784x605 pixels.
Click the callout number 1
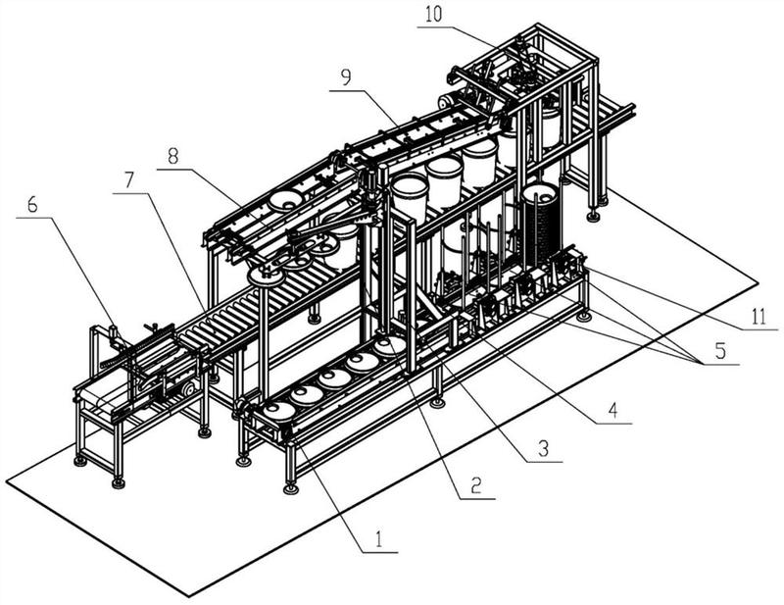379,540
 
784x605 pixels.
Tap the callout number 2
475,484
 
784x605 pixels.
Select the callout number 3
543,447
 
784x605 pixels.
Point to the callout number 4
613,410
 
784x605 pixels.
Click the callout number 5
720,351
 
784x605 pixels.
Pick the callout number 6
32,204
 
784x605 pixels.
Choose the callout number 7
129,179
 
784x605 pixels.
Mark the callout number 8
173,157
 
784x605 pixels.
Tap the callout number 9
346,77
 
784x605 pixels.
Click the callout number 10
433,15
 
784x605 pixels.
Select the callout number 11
759,317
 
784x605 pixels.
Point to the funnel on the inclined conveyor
286,200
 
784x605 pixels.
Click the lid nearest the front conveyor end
278,410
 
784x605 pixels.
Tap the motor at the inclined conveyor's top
446,103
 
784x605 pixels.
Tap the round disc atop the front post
264,276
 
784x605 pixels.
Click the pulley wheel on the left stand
188,390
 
